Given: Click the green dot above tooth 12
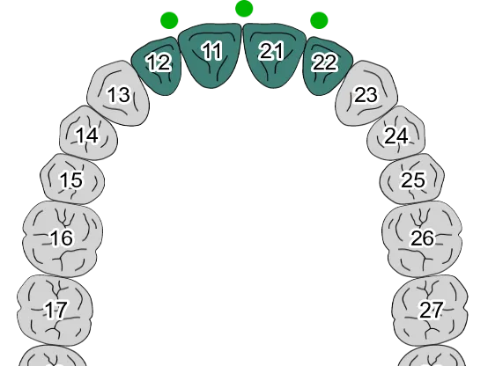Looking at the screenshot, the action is [169, 21].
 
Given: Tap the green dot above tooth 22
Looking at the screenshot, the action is [319, 21].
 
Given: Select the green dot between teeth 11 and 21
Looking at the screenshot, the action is [244, 9].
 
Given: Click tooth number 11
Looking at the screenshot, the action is [210, 55].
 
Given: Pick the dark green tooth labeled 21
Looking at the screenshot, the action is [274, 55].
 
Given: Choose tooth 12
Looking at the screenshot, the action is [158, 67].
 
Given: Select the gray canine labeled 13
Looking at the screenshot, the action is [119, 93].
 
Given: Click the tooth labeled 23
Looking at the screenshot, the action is [366, 93].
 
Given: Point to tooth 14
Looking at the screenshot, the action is [88, 134].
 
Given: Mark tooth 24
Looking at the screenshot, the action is [396, 134].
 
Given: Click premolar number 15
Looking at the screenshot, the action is [72, 179].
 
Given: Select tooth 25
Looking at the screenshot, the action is [412, 179].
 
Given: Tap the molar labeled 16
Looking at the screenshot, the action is [63, 238].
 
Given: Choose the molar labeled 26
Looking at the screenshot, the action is [422, 238].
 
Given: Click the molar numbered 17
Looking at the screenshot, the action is [55, 311].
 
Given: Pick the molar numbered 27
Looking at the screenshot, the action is [430, 311].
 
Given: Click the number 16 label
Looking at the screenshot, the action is [63, 238].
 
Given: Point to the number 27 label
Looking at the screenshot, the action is [431, 310].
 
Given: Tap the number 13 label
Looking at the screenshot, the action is [119, 94].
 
